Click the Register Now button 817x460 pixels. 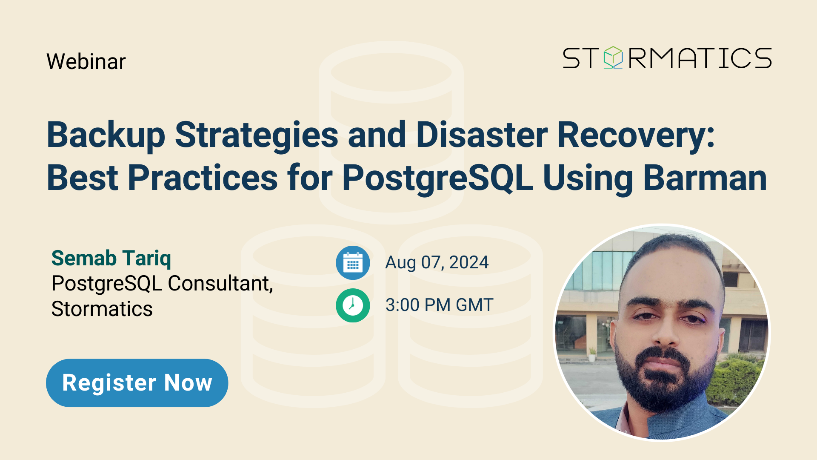(x=137, y=382)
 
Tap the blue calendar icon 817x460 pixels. (x=353, y=263)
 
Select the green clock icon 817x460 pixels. (x=353, y=305)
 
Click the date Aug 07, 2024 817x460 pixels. (x=437, y=262)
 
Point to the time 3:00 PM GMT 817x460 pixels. (x=439, y=305)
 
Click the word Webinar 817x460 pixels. (x=86, y=61)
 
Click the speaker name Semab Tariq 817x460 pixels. (x=111, y=258)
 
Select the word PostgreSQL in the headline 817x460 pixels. (x=437, y=178)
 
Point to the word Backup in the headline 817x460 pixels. (x=106, y=135)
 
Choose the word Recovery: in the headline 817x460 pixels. (x=636, y=135)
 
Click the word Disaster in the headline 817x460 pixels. (x=482, y=135)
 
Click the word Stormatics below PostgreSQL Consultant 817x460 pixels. (x=102, y=309)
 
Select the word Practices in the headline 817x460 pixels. (x=203, y=178)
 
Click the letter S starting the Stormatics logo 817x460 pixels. (x=571, y=58)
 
